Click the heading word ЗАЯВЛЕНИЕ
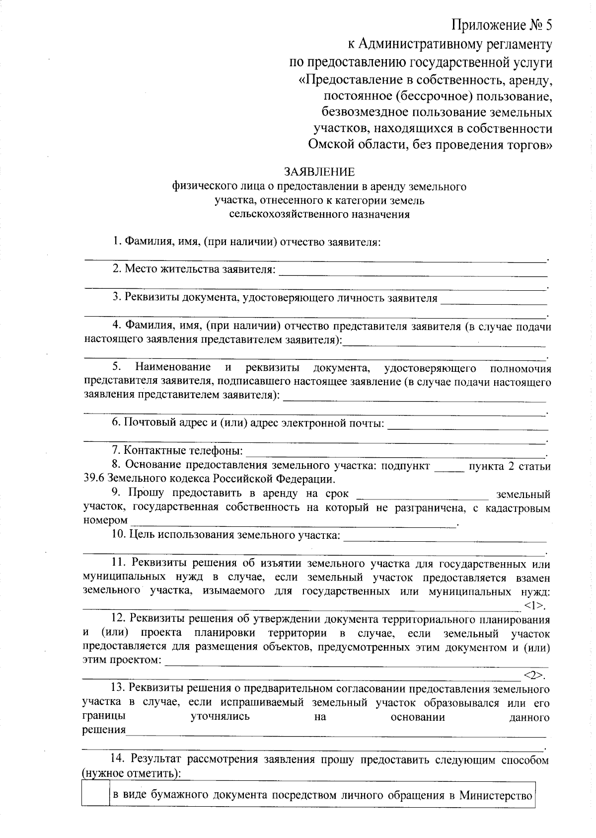pyautogui.click(x=319, y=172)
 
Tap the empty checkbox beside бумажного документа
pyautogui.click(x=95, y=795)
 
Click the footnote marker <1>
pyautogui.click(x=534, y=605)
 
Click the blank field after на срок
pyautogui.click(x=423, y=495)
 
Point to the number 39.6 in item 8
pyautogui.click(x=94, y=480)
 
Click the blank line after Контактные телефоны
pyautogui.click(x=395, y=452)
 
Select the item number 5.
pyautogui.click(x=117, y=367)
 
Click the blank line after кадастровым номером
pyautogui.click(x=293, y=523)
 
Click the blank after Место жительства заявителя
pyautogui.click(x=412, y=272)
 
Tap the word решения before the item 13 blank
pyautogui.click(x=104, y=730)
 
